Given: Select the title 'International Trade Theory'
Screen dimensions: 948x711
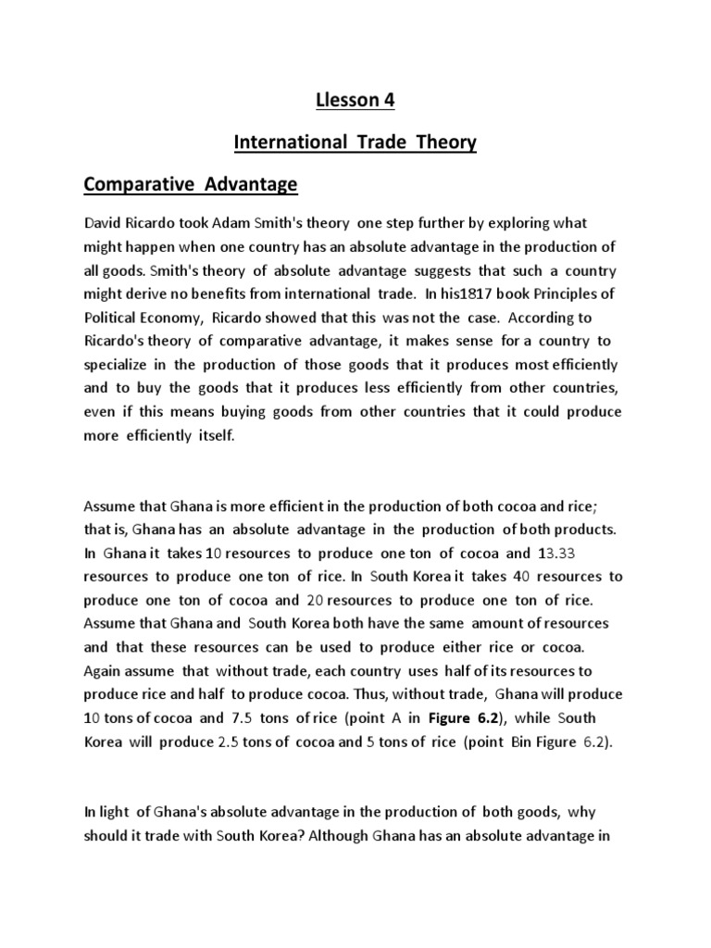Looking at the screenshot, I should [355, 142].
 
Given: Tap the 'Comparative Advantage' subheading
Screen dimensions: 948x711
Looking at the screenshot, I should [191, 185].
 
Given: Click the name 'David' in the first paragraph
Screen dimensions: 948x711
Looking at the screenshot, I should [104, 224].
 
